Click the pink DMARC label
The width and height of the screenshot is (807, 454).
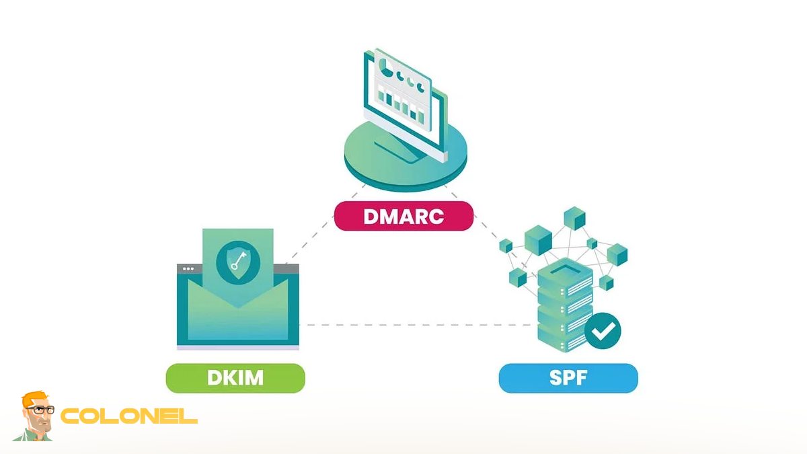pos(403,217)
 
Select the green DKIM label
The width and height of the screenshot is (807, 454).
pos(235,378)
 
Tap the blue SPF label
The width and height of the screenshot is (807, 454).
pos(568,378)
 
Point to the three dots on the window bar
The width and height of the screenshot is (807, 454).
pos(188,268)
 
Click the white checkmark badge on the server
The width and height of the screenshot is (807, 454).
pos(603,331)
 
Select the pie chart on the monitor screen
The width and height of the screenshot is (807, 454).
pos(386,68)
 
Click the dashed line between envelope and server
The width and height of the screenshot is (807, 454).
pos(417,325)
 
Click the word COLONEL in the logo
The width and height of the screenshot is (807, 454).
pos(129,416)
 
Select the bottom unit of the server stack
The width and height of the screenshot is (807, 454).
pos(564,340)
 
